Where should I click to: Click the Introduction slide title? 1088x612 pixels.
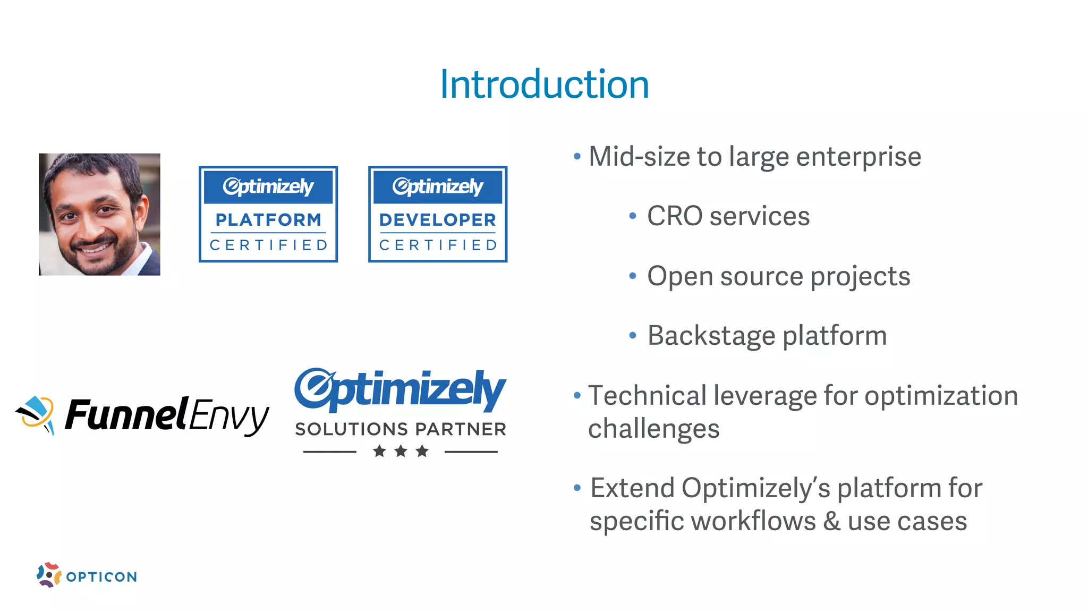(544, 84)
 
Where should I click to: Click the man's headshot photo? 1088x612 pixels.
(99, 214)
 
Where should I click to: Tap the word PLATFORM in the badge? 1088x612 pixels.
(268, 219)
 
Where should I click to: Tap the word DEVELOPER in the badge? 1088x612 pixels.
(438, 219)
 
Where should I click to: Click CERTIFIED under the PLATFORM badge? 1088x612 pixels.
(268, 245)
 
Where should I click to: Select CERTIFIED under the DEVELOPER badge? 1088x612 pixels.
(438, 245)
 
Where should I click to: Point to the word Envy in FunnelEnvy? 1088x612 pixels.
(228, 416)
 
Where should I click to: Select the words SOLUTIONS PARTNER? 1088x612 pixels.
(401, 429)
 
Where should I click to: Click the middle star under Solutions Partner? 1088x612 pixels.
(401, 452)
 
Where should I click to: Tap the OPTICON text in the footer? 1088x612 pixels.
(101, 577)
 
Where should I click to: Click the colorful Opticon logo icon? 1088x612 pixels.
(49, 575)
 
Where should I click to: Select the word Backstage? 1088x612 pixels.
(711, 336)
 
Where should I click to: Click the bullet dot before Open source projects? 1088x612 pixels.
(632, 276)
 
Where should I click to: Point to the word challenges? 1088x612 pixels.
(653, 429)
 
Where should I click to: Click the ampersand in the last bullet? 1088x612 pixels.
(832, 521)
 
